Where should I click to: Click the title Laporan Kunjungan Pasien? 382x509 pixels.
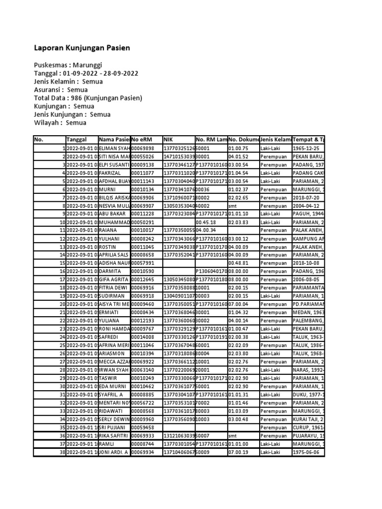tap(82, 48)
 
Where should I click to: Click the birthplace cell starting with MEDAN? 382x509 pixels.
tap(308, 312)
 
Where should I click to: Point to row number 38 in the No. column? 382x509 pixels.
tap(63, 451)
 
